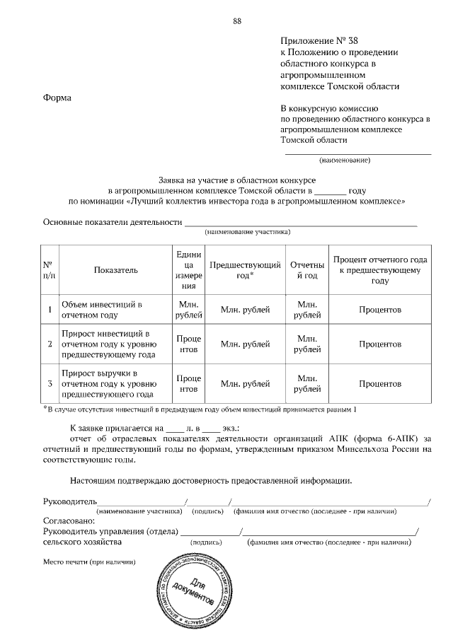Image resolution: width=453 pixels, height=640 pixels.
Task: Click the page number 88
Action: (x=237, y=21)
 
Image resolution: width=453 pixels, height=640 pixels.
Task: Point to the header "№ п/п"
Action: (x=50, y=269)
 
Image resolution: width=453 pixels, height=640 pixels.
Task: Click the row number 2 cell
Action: (x=50, y=344)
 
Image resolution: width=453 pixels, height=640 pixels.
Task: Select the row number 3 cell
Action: (x=50, y=383)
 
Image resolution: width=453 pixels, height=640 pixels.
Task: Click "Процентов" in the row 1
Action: (x=379, y=310)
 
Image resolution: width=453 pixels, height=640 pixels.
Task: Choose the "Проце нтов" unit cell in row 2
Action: (x=188, y=344)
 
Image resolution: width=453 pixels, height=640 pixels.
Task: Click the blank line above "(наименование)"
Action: (x=358, y=152)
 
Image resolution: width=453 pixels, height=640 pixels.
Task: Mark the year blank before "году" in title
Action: (x=330, y=191)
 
